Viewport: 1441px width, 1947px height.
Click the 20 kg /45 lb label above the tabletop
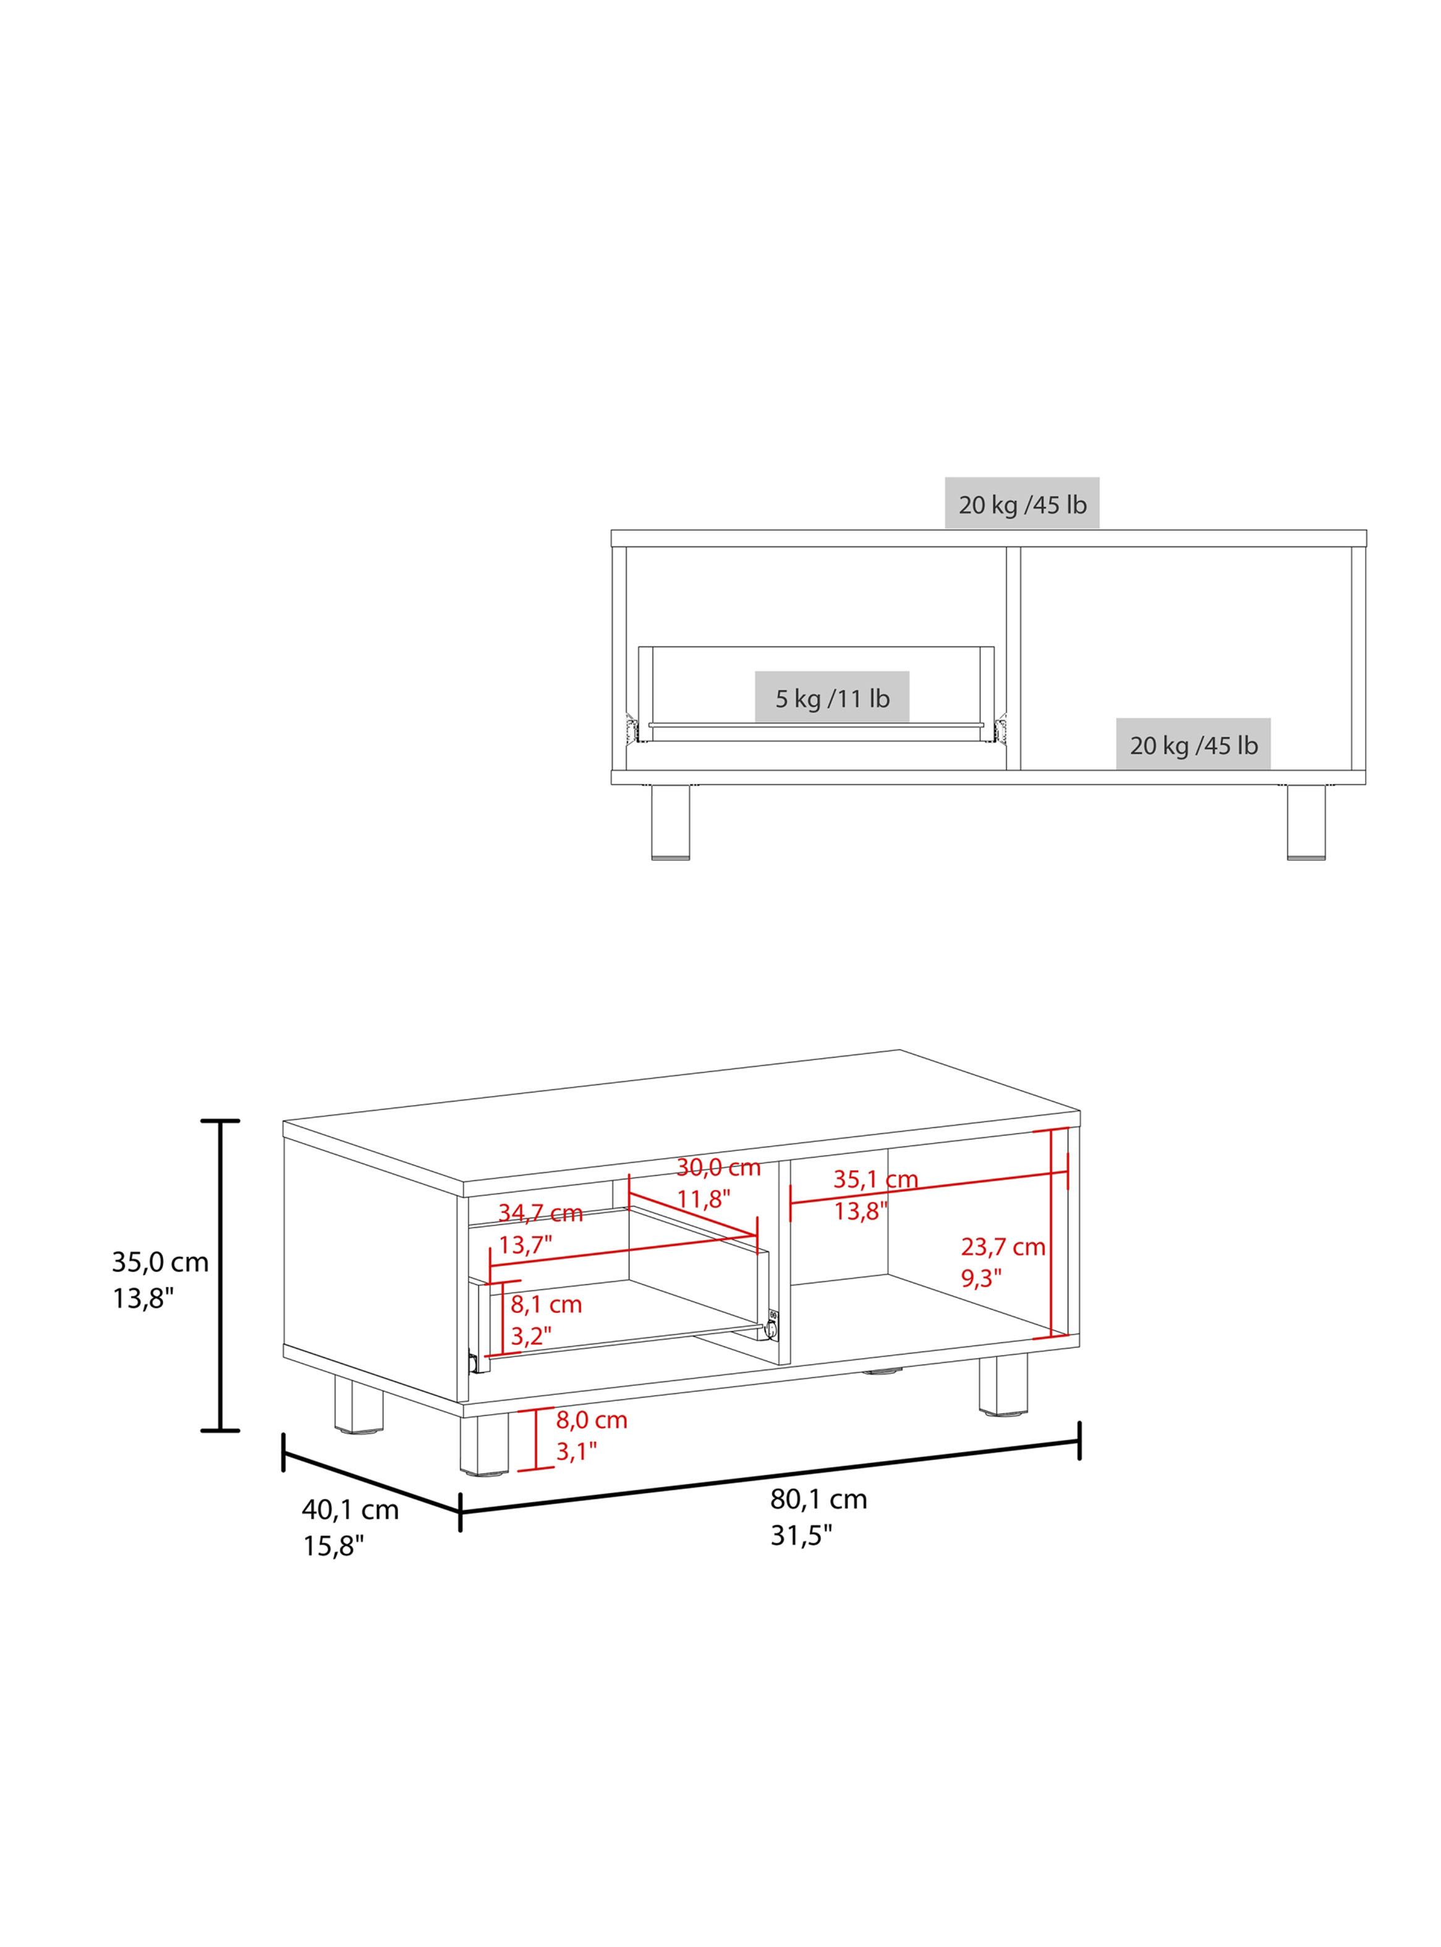click(x=1022, y=505)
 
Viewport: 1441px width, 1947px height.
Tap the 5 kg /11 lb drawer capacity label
click(x=832, y=698)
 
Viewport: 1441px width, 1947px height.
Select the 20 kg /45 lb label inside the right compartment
click(x=1193, y=745)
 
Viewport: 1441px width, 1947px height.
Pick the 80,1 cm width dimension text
click(x=818, y=1499)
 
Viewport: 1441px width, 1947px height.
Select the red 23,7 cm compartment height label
click(x=1003, y=1247)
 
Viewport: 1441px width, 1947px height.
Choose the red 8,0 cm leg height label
click(x=592, y=1420)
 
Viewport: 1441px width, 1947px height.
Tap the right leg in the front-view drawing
click(x=1306, y=821)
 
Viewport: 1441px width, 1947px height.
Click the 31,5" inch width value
click(x=801, y=1535)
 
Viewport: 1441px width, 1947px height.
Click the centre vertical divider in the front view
click(x=1014, y=658)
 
